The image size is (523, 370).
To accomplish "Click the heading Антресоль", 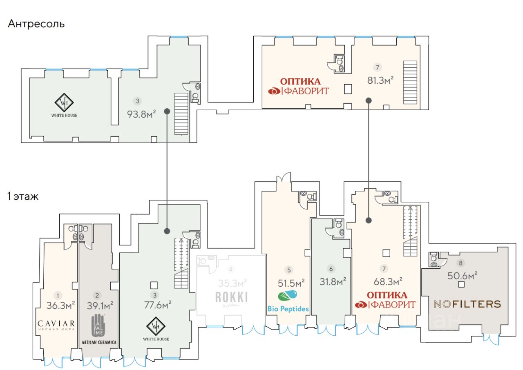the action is point(36,24).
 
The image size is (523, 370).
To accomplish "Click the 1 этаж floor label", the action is point(23,196).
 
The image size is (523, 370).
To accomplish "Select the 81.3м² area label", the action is point(380,80).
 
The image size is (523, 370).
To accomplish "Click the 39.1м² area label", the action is point(100,305).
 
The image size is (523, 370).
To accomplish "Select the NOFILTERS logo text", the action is point(467,304).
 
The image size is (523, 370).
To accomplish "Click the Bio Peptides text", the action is point(288,309).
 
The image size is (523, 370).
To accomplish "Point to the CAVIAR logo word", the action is point(56,324).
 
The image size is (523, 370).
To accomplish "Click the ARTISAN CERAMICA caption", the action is point(99,342).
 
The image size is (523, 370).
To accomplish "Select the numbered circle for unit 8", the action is point(461,263).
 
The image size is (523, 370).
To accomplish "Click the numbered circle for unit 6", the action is point(331,269).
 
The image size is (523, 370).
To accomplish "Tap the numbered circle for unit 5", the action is point(289,270).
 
